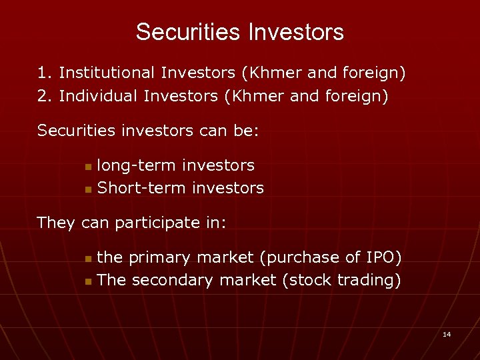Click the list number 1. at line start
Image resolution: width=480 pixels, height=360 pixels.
[45, 72]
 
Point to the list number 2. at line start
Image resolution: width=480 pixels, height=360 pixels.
[45, 96]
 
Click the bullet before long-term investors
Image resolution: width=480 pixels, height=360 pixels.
[89, 166]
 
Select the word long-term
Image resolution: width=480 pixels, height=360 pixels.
[137, 165]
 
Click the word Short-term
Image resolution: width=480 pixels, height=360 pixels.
[141, 189]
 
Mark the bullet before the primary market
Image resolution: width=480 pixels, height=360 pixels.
[89, 258]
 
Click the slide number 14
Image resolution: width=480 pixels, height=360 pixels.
[447, 334]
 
